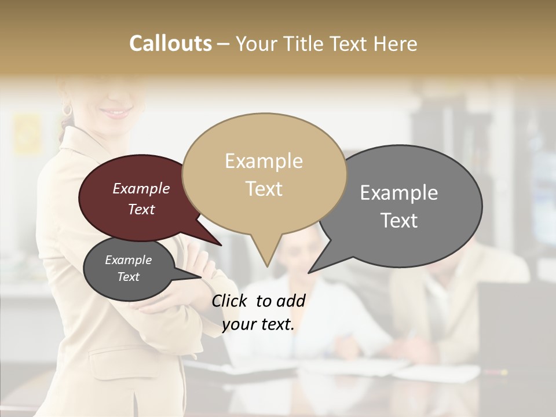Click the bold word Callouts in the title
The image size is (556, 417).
(170, 43)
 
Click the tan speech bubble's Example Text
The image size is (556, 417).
(264, 174)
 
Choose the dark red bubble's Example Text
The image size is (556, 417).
(141, 199)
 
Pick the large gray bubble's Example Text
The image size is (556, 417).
(399, 206)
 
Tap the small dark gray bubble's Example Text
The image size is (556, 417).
(128, 268)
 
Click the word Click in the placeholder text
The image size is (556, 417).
(230, 301)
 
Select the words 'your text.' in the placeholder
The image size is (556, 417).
(258, 324)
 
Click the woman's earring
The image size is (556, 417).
(67, 109)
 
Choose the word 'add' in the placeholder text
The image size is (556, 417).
(291, 301)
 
